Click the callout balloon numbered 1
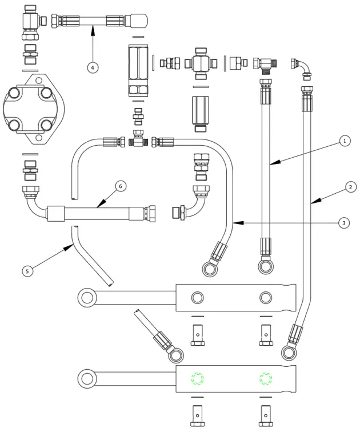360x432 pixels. pos(344,140)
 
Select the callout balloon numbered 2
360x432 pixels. pos(350,186)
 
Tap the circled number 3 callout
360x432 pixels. pos(344,223)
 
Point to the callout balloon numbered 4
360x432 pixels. pos(93,67)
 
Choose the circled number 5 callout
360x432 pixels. pos(26,271)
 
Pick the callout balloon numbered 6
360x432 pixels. pos(120,186)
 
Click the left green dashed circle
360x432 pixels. pos(197,379)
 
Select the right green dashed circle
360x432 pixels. pos(266,379)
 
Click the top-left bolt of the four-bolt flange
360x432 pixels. pos(13,94)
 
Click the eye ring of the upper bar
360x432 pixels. pos(87,297)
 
